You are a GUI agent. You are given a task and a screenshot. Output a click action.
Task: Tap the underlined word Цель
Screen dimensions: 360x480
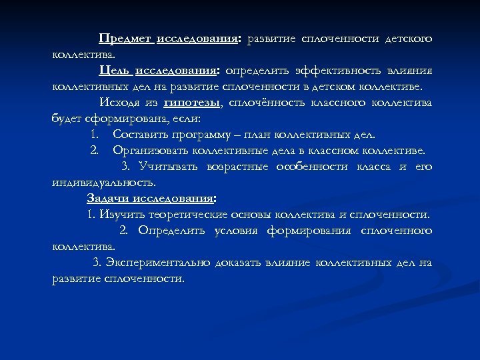coord(115,71)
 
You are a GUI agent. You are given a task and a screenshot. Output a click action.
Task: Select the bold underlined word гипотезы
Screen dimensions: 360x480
coord(191,103)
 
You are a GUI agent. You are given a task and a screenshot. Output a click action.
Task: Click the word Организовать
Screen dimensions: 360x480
coord(153,151)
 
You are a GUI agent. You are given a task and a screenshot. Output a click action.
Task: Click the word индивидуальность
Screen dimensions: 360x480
coord(103,183)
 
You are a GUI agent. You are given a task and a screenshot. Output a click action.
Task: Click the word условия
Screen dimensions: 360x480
coord(237,231)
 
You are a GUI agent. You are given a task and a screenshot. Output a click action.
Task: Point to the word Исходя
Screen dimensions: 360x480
coord(119,103)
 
